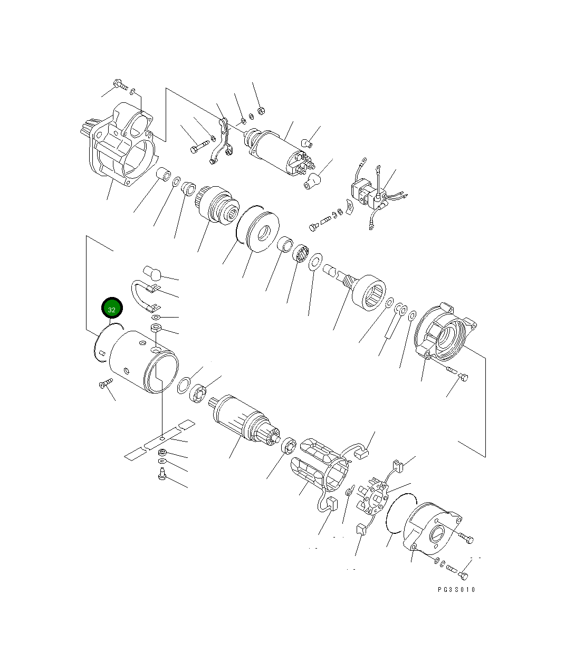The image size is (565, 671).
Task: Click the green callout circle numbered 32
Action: tap(112, 308)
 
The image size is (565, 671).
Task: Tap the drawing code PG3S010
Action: tap(456, 589)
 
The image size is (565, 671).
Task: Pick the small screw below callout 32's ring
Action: tap(106, 383)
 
